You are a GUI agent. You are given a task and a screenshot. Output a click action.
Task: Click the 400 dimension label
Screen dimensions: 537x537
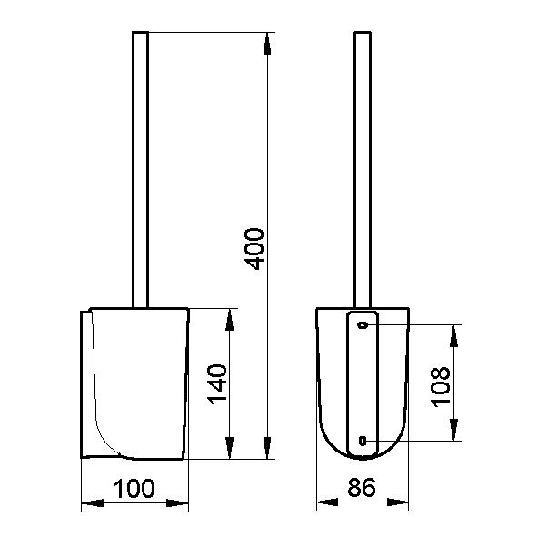pos(255,249)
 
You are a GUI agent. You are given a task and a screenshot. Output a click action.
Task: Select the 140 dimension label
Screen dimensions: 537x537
pos(218,384)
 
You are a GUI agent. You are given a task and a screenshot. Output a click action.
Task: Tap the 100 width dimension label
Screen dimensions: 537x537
pos(134,488)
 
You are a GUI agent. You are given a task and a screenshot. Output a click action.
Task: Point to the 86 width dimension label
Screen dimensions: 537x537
pos(362,487)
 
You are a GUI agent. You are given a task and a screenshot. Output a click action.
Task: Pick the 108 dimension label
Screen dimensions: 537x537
pos(441,387)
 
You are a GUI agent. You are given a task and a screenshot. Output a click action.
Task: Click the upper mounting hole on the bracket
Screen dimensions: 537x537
pos(363,324)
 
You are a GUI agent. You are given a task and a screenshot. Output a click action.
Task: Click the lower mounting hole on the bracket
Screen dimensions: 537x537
pos(363,441)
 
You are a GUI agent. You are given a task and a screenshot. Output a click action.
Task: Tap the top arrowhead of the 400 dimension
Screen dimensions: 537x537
pos(267,44)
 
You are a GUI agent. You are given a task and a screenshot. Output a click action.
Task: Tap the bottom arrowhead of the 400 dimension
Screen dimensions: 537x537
pos(267,448)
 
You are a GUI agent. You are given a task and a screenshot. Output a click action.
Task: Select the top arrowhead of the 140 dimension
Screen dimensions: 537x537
pos(230,320)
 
